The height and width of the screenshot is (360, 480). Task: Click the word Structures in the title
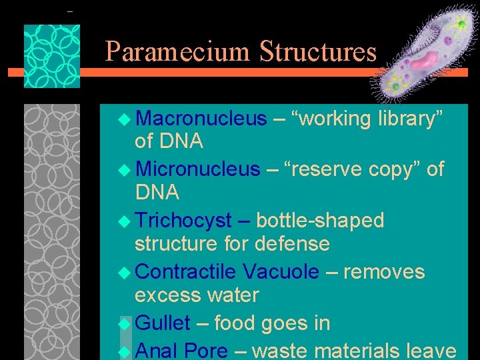coord(318,51)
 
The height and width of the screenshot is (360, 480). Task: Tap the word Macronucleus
coord(201,119)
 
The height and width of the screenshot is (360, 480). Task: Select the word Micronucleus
coord(197,169)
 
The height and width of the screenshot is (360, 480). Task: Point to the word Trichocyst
coord(183,221)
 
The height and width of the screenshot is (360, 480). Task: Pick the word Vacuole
coord(281,272)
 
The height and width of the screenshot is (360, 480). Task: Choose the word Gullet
coord(163,323)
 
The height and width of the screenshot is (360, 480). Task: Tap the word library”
coord(411,119)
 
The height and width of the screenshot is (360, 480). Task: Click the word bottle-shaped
coord(320,221)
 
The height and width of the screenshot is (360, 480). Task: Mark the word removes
coord(384,272)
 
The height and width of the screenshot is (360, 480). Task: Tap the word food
coord(236,323)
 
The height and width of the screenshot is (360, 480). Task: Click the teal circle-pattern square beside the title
coord(52,56)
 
